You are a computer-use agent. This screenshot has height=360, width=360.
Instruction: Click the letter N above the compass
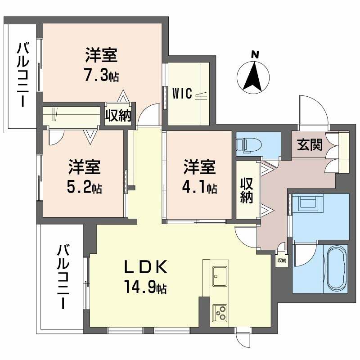click(255, 54)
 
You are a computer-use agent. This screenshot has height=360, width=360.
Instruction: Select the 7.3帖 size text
click(102, 75)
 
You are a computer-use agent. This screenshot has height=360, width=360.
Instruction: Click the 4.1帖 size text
click(200, 187)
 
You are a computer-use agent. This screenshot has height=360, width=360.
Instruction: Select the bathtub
click(336, 269)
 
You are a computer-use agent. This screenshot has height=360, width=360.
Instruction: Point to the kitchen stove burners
click(220, 311)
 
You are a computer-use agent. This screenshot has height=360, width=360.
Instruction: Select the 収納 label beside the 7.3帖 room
click(118, 116)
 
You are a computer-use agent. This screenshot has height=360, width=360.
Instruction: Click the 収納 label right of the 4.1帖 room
click(246, 191)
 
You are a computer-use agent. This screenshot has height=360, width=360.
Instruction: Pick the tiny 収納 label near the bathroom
click(282, 260)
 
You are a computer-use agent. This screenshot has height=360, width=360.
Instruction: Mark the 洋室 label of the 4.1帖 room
click(199, 167)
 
